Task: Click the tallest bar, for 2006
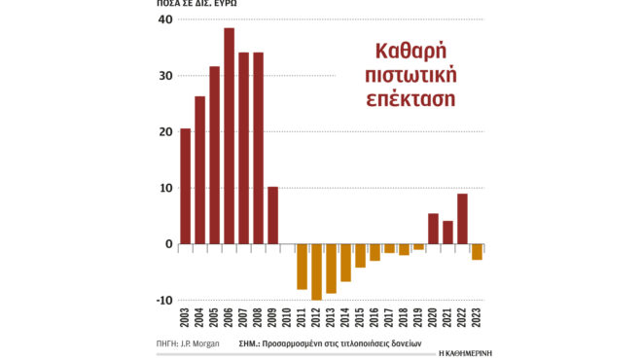click(x=229, y=136)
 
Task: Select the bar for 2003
click(x=185, y=185)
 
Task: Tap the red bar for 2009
click(x=272, y=214)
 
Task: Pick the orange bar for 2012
click(x=316, y=271)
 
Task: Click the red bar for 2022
click(x=462, y=219)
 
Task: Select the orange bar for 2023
click(x=477, y=252)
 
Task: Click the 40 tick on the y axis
click(x=164, y=20)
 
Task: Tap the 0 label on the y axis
click(x=168, y=244)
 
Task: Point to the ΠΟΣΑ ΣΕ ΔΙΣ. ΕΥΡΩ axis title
click(x=196, y=3)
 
